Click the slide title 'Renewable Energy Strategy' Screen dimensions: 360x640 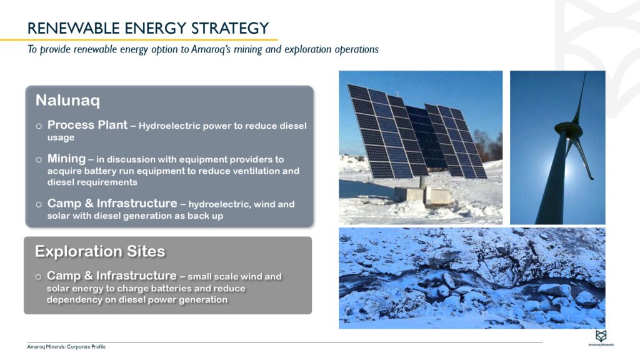[x=148, y=28]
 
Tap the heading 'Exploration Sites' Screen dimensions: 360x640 [x=100, y=251]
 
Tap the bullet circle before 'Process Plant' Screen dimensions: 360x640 [x=39, y=126]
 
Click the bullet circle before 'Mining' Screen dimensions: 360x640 [x=39, y=160]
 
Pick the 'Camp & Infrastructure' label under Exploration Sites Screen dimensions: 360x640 [x=111, y=276]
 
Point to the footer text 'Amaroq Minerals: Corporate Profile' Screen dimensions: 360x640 [x=62, y=346]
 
